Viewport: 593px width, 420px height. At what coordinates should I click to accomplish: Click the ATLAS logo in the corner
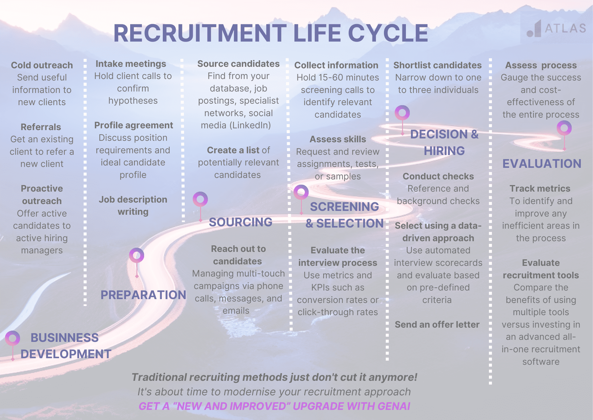(x=556, y=29)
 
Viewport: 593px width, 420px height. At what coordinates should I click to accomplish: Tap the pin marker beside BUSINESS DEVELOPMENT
(x=12, y=339)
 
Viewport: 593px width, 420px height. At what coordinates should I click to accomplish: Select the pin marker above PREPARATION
(x=136, y=255)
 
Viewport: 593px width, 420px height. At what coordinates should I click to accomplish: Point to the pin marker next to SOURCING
(x=200, y=199)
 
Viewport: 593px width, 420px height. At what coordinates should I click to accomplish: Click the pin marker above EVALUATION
(x=564, y=128)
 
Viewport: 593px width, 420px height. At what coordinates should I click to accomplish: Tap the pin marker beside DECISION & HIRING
(x=402, y=113)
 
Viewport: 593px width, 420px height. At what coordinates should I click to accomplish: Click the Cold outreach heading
(x=42, y=65)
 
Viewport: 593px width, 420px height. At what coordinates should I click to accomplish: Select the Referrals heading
(x=41, y=127)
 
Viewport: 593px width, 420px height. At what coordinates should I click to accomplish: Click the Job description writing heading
(x=133, y=205)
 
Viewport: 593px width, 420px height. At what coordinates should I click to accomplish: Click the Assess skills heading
(x=338, y=139)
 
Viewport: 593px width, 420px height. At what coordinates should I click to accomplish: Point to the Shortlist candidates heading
(x=437, y=65)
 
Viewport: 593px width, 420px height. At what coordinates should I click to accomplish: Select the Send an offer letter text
(x=437, y=324)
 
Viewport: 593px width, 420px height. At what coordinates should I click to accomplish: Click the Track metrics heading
(x=540, y=188)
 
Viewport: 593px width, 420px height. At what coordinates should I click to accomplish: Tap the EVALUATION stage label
(x=542, y=164)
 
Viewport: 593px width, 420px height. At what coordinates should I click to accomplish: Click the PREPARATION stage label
(x=143, y=295)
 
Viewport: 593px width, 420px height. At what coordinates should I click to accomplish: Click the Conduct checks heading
(x=438, y=176)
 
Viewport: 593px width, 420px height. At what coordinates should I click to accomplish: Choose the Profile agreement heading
(x=133, y=125)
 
